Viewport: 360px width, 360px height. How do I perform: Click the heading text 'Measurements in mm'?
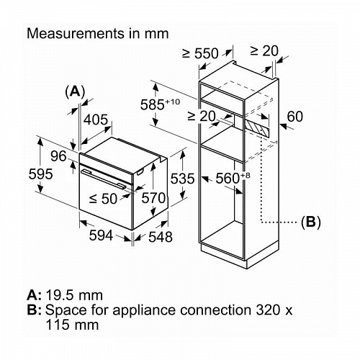(97, 33)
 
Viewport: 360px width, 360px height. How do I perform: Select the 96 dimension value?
(58, 156)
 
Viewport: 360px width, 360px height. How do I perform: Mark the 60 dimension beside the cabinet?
(295, 117)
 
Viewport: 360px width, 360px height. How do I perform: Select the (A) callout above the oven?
(75, 91)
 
